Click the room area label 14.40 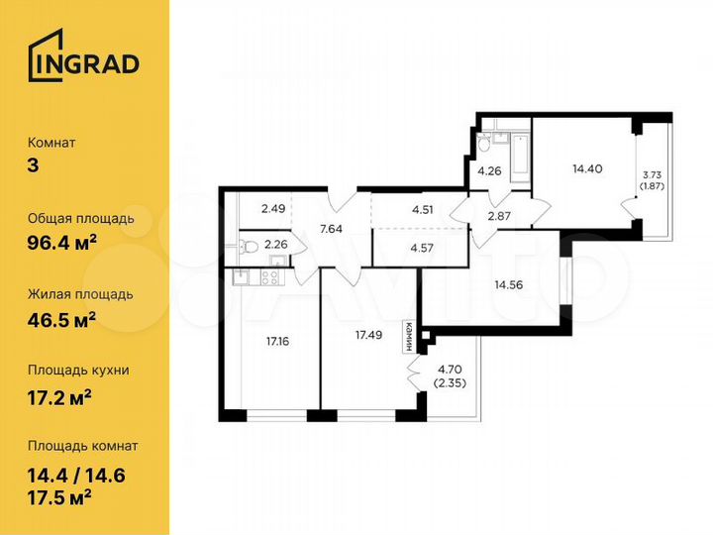click(x=587, y=167)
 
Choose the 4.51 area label click(x=422, y=208)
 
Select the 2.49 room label click(x=273, y=208)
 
